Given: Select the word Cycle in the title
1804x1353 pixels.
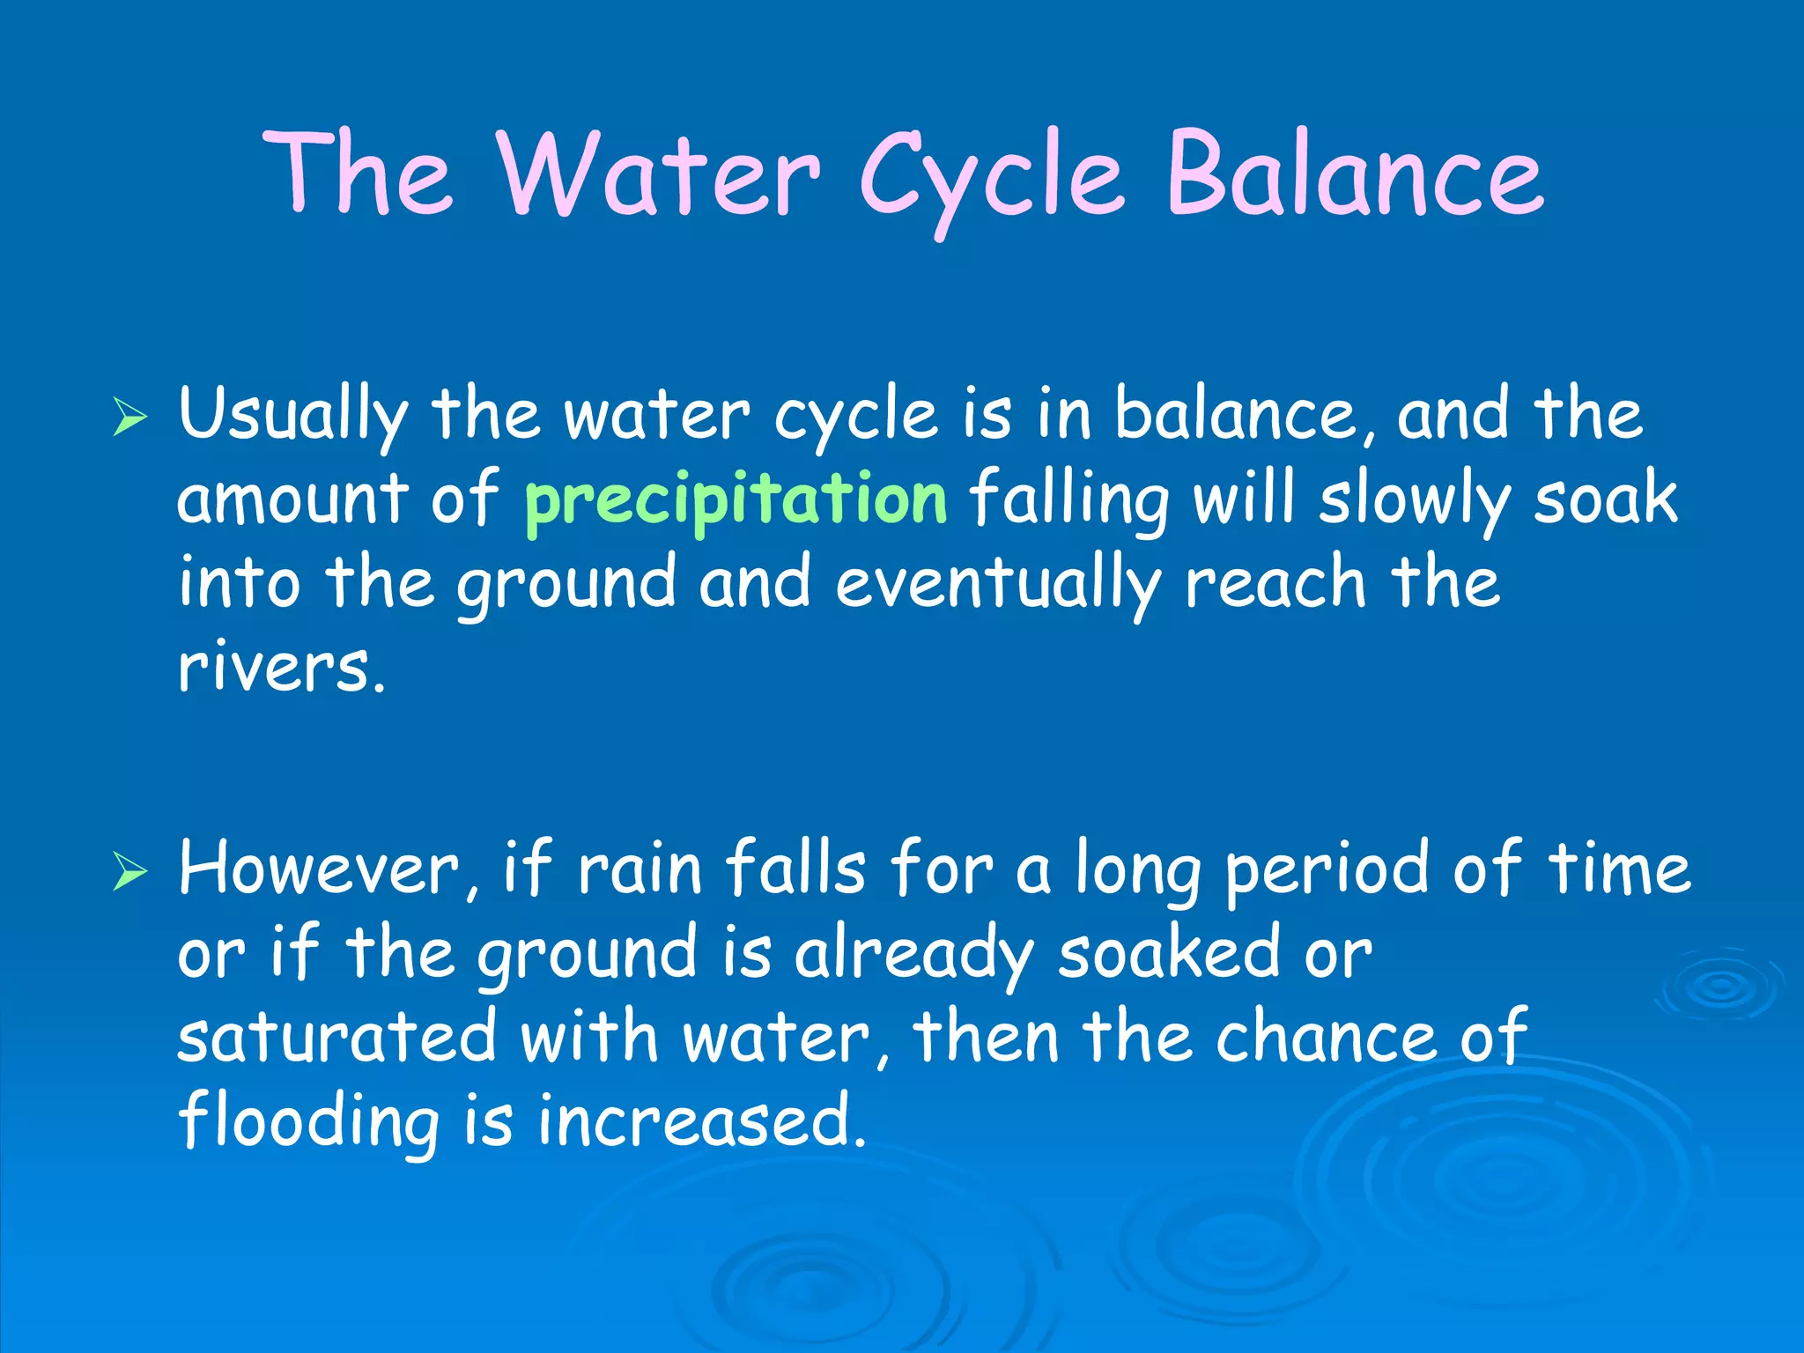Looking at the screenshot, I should click(x=992, y=176).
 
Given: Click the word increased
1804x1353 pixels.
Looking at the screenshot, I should click(x=701, y=1120).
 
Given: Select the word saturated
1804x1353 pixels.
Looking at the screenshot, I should click(x=337, y=1037).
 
